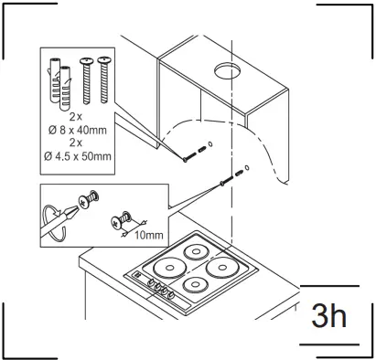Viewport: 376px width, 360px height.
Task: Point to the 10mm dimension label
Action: (x=145, y=234)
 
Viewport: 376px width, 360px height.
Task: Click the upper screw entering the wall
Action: (x=191, y=153)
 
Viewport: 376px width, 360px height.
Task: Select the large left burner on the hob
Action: (x=172, y=268)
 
